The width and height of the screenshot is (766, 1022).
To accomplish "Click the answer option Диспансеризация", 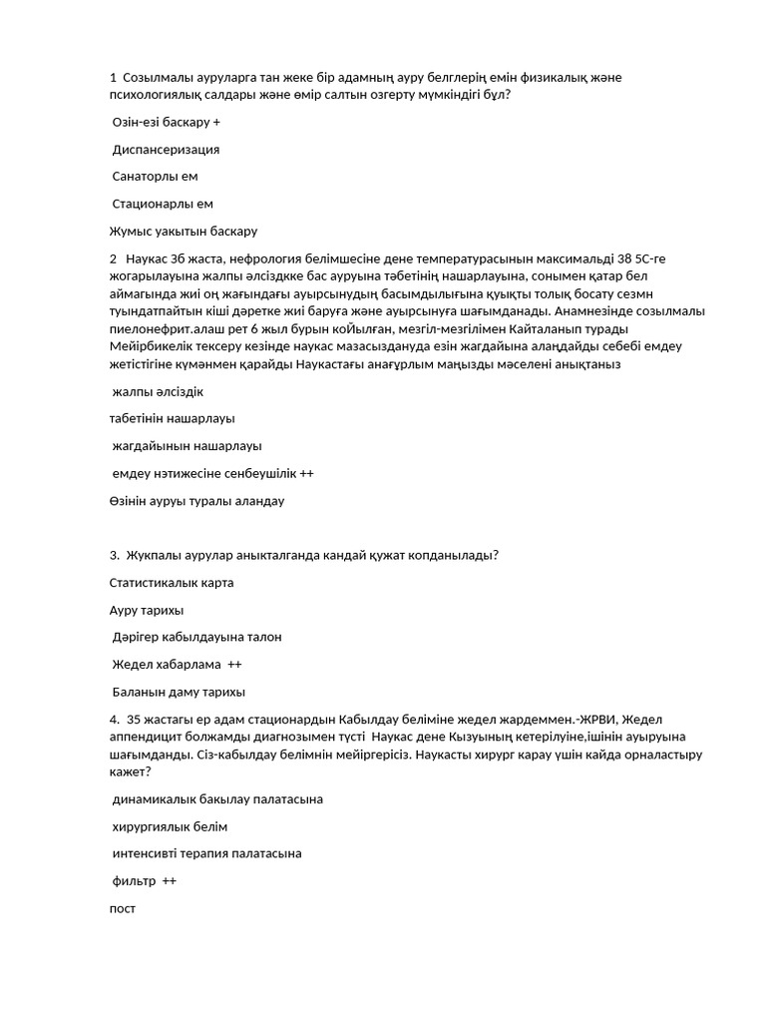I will pos(166,150).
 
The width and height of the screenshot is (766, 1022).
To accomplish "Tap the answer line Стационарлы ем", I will pos(163,204).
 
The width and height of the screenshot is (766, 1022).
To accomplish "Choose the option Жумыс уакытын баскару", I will pos(184,232).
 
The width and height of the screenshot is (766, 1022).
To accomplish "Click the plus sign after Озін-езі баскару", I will pos(216,123).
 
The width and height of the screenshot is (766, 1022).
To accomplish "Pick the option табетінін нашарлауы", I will pos(173,418).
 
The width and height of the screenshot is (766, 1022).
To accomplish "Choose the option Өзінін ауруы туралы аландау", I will pos(196,500).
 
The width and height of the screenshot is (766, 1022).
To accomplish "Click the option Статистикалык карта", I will pos(172,582).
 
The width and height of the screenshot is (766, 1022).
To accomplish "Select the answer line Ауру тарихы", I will pos(146,609).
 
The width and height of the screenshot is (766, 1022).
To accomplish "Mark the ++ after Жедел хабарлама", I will pos(234,664).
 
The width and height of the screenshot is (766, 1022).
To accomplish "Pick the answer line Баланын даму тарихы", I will pos(179,691).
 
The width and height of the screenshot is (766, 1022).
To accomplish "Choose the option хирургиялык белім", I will pos(170,826).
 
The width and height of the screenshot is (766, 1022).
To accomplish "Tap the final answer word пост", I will pos(122,908).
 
